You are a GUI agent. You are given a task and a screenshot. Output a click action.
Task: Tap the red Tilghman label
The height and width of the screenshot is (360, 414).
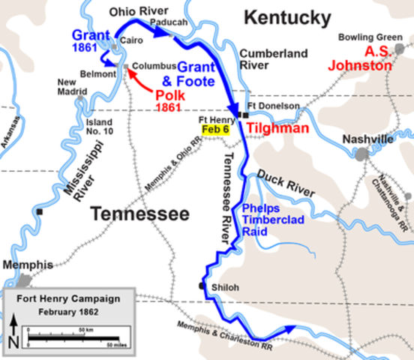278,130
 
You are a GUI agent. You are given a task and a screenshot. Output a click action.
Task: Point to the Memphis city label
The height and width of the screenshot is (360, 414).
28,265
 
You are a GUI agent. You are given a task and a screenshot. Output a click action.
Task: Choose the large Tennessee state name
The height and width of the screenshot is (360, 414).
140,214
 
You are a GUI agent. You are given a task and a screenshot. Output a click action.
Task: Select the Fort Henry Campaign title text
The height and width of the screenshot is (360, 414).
68,298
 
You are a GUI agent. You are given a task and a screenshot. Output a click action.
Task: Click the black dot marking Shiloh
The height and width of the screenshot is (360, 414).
202,286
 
